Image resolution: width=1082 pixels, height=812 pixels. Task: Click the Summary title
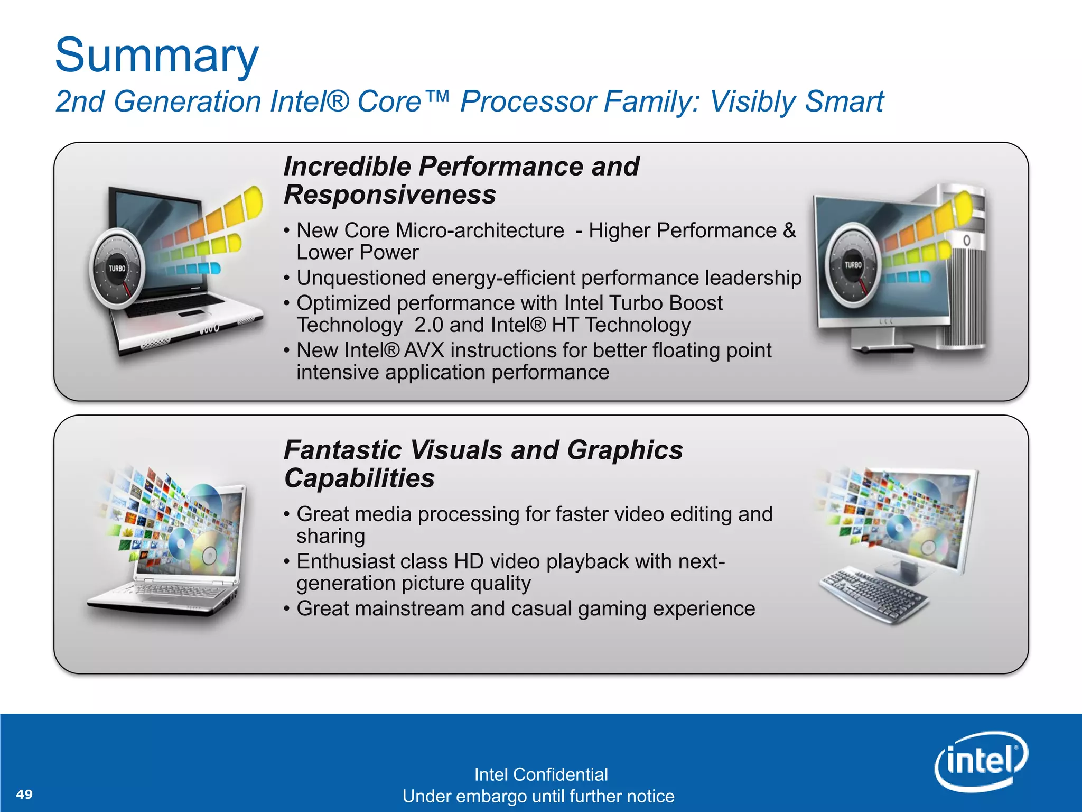coord(157,56)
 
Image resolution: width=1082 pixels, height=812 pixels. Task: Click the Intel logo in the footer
coord(981,761)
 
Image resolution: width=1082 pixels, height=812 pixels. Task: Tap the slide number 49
coord(24,794)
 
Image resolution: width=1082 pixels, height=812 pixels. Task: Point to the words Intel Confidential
coord(540,774)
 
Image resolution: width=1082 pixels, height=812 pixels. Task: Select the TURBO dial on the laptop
coord(117,269)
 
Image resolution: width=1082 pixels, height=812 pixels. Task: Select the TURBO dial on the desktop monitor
coord(853,265)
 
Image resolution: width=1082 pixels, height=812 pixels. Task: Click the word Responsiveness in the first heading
coord(390,195)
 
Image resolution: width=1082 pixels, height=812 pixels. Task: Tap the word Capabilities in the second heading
coord(359,478)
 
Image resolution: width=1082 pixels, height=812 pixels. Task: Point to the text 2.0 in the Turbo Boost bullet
coord(428,325)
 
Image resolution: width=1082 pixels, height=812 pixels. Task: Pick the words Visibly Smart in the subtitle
coord(796,101)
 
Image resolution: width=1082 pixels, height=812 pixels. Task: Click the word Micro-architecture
coord(480,231)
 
